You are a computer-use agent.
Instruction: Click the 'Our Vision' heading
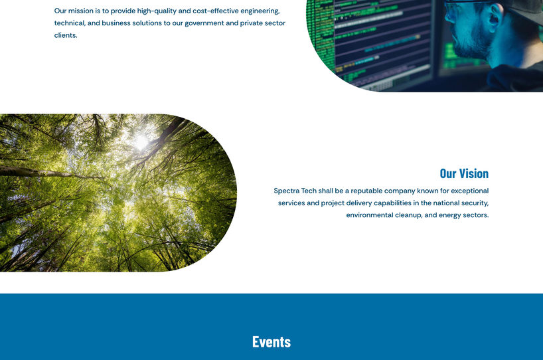[x=463, y=173]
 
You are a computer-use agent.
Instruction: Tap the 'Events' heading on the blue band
[x=271, y=341]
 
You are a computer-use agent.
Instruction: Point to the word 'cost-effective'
[x=216, y=11]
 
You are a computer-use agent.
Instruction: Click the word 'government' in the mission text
[x=204, y=23]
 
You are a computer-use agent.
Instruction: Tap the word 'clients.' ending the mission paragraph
[x=66, y=35]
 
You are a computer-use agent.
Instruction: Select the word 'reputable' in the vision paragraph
[x=366, y=191]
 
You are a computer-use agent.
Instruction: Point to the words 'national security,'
[x=461, y=203]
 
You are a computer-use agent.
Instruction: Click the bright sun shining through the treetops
[x=141, y=141]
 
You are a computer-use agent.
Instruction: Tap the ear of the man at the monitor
[x=493, y=17]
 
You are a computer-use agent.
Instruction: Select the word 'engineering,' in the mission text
[x=260, y=11]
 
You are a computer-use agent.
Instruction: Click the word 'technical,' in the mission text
[x=69, y=23]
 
